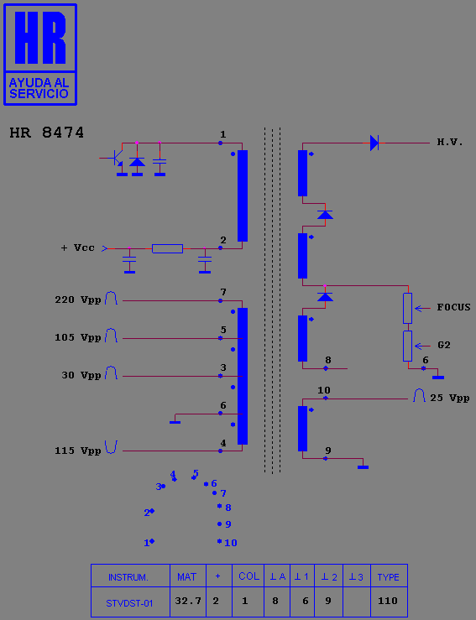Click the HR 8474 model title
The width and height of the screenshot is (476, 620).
(x=47, y=133)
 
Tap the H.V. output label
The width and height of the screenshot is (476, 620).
(x=450, y=142)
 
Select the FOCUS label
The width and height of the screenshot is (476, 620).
(x=454, y=307)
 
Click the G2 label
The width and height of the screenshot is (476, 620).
(x=444, y=345)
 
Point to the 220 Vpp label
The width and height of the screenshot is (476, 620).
(x=78, y=300)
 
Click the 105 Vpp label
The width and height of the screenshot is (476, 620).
(x=78, y=337)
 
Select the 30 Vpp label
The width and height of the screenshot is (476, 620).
(x=81, y=375)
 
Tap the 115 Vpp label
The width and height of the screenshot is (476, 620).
(x=78, y=451)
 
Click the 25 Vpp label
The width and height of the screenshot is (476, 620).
(x=450, y=398)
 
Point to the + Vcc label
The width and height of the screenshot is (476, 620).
(x=77, y=248)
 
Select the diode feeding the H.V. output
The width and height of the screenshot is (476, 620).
(x=374, y=143)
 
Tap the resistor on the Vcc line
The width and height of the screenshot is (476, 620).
(x=167, y=248)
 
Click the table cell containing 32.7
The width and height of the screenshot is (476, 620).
(x=188, y=602)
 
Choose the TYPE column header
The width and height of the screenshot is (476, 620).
(x=389, y=577)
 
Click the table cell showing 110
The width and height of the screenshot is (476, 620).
(x=389, y=602)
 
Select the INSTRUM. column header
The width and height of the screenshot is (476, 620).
(x=128, y=577)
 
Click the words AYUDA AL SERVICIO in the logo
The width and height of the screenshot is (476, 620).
(x=39, y=88)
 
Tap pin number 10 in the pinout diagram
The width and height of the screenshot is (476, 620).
(x=231, y=543)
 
